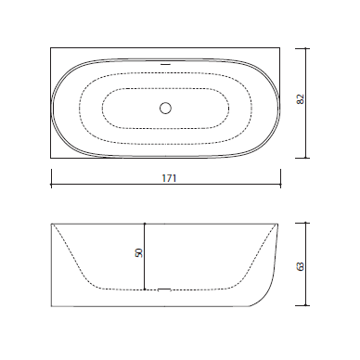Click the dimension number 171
point(169,178)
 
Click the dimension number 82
point(301,99)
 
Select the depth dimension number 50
point(139,252)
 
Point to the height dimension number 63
point(301,266)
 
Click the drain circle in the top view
point(165,108)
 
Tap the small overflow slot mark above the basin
point(165,64)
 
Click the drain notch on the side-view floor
point(164,289)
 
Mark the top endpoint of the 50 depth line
point(145,224)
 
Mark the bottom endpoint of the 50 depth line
point(145,289)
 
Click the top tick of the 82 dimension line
point(306,48)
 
